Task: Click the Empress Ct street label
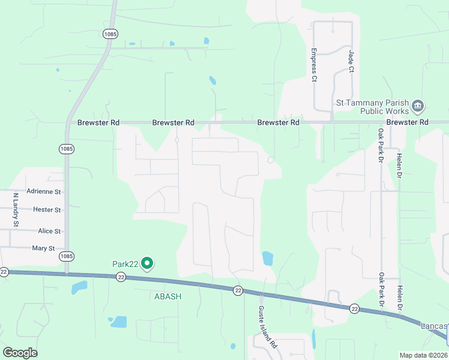click(x=313, y=65)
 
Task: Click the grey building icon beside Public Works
click(x=418, y=107)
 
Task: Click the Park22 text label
click(x=125, y=263)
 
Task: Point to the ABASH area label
click(x=167, y=296)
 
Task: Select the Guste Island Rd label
click(x=267, y=328)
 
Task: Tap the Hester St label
click(x=47, y=210)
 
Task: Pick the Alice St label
click(x=49, y=231)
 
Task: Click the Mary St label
click(x=43, y=248)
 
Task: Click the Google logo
click(x=20, y=353)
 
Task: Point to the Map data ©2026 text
click(x=423, y=355)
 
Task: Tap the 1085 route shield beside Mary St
click(x=67, y=256)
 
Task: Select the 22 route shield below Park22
click(x=121, y=277)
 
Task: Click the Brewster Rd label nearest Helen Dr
click(x=408, y=122)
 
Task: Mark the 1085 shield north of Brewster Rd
click(x=109, y=34)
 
